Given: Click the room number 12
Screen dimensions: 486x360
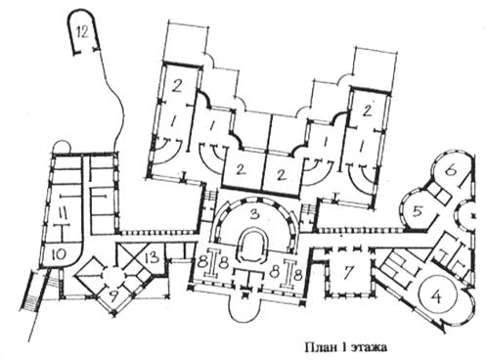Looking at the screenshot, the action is (82, 32).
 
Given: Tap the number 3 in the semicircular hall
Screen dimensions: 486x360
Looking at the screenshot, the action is (255, 214).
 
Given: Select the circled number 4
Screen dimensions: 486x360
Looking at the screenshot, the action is (437, 296).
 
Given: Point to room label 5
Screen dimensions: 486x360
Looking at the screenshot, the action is (419, 211).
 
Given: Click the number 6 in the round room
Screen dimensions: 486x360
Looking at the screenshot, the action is (451, 170).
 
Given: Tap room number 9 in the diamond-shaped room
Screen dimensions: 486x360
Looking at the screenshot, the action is (112, 297).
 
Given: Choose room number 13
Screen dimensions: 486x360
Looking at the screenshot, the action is (153, 257).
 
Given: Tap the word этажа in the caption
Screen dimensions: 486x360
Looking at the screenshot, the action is (370, 348).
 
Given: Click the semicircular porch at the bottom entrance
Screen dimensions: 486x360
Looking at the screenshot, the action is (245, 308).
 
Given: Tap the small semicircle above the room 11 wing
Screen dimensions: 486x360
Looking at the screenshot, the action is (62, 146).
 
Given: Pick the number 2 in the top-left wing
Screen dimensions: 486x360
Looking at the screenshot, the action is (176, 86).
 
